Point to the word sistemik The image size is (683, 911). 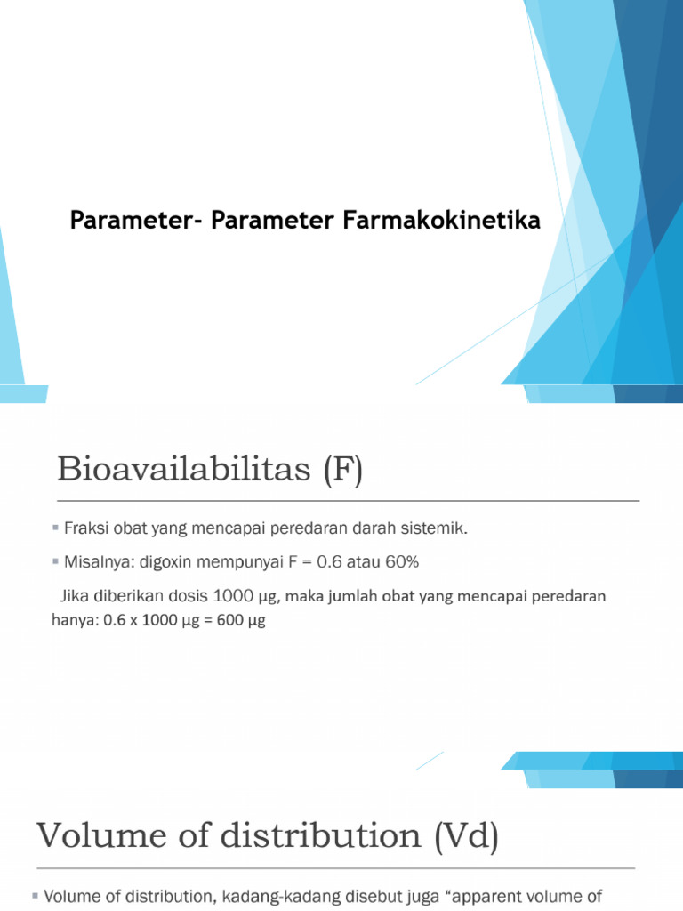[x=437, y=528]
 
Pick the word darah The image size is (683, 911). [x=378, y=528]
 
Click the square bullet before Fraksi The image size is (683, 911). [x=56, y=528]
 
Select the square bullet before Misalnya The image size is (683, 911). [x=56, y=562]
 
